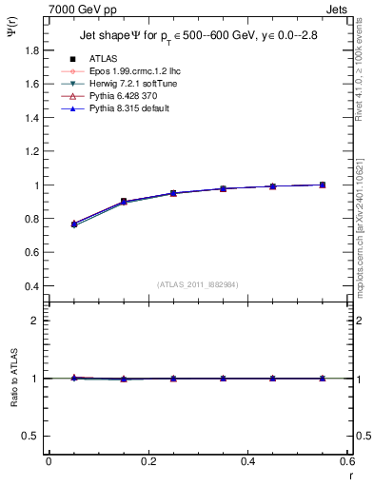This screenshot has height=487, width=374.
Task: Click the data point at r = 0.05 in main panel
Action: point(73,224)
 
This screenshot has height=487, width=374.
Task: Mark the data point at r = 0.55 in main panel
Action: point(323,185)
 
